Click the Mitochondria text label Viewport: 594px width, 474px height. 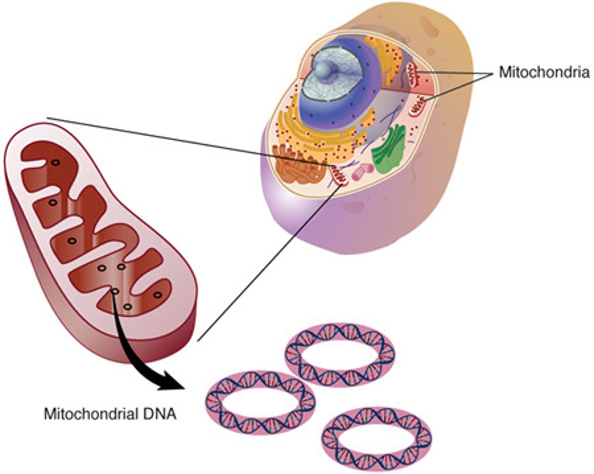pyautogui.click(x=544, y=72)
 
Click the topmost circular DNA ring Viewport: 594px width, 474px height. pyautogui.click(x=340, y=354)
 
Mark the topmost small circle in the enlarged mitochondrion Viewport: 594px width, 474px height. pyautogui.click(x=54, y=163)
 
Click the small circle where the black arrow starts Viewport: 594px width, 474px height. pyautogui.click(x=115, y=292)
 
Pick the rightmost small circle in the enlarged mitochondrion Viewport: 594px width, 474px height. pyautogui.click(x=157, y=294)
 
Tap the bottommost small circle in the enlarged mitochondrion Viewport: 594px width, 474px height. pyautogui.click(x=127, y=307)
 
